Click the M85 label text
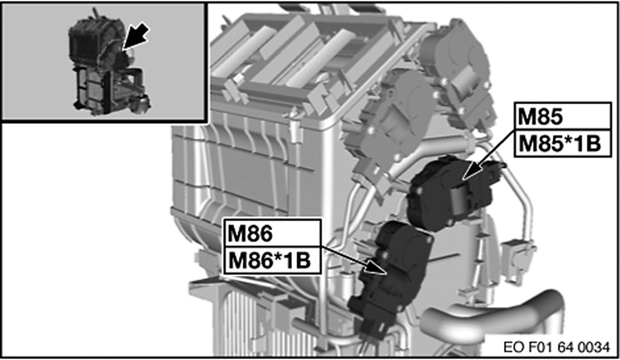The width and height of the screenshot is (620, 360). (x=540, y=117)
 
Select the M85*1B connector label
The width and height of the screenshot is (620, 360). (x=560, y=144)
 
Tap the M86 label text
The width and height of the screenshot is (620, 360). (x=250, y=233)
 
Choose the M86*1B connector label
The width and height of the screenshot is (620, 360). (x=270, y=260)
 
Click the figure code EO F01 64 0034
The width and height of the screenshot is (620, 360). (x=556, y=347)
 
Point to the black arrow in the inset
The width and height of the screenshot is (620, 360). (x=136, y=36)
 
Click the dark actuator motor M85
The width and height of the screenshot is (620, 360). (x=454, y=193)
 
